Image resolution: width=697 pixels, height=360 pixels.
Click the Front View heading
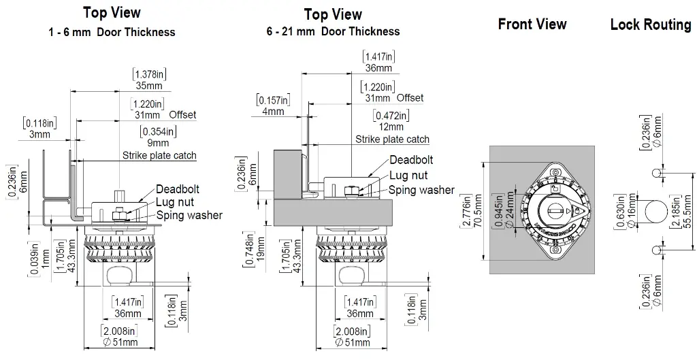click(x=532, y=24)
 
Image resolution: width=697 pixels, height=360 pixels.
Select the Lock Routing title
click(x=650, y=25)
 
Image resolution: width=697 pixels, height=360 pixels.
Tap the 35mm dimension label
click(x=145, y=86)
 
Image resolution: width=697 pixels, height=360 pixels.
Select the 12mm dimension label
click(x=391, y=127)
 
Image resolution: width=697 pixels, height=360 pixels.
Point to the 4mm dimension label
click(x=273, y=112)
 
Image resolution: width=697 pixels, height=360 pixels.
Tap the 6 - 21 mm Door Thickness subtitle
click(x=333, y=31)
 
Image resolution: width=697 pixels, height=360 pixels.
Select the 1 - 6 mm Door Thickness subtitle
click(x=112, y=32)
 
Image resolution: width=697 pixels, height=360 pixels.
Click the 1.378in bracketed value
click(x=146, y=74)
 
